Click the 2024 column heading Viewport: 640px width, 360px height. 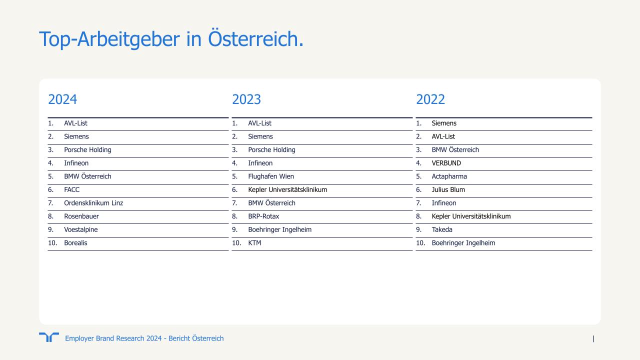(62, 99)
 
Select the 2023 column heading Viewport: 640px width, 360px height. (246, 99)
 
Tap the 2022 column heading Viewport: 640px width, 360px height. (430, 99)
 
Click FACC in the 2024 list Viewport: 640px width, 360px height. (71, 189)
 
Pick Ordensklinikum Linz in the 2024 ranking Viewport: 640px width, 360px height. (93, 203)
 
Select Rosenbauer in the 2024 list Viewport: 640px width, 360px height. (81, 216)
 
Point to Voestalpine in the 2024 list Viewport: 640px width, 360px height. (81, 229)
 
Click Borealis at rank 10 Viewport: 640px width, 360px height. (75, 243)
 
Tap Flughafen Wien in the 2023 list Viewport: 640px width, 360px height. (271, 176)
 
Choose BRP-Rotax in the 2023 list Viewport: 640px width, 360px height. (263, 216)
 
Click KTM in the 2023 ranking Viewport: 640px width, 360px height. (254, 243)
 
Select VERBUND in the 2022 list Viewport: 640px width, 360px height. (446, 163)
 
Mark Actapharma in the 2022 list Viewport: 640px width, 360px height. (449, 176)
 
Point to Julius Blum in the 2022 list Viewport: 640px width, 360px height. (448, 189)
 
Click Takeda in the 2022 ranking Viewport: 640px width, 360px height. (442, 229)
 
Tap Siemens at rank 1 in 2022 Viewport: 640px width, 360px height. (444, 123)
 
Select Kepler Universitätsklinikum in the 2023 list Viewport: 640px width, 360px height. (287, 189)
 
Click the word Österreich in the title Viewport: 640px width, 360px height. (255, 39)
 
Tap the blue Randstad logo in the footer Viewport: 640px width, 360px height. (49, 337)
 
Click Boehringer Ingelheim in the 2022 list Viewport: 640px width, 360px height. (463, 243)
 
